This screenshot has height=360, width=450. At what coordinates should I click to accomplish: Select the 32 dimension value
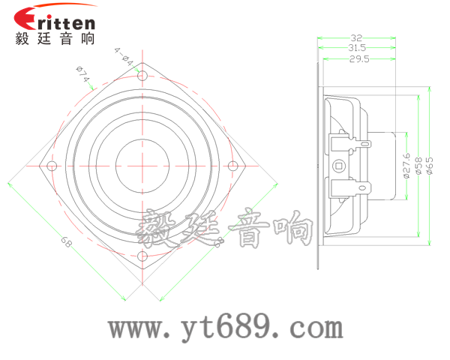tap(356, 37)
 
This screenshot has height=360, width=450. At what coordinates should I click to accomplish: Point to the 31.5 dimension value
tap(356, 48)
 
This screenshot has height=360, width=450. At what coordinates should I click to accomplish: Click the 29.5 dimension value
tap(358, 59)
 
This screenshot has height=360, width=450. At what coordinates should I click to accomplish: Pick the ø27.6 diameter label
tap(405, 166)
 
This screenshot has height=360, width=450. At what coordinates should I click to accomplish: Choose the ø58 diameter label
tap(418, 166)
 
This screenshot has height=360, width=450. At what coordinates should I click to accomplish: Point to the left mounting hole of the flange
tap(51, 166)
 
